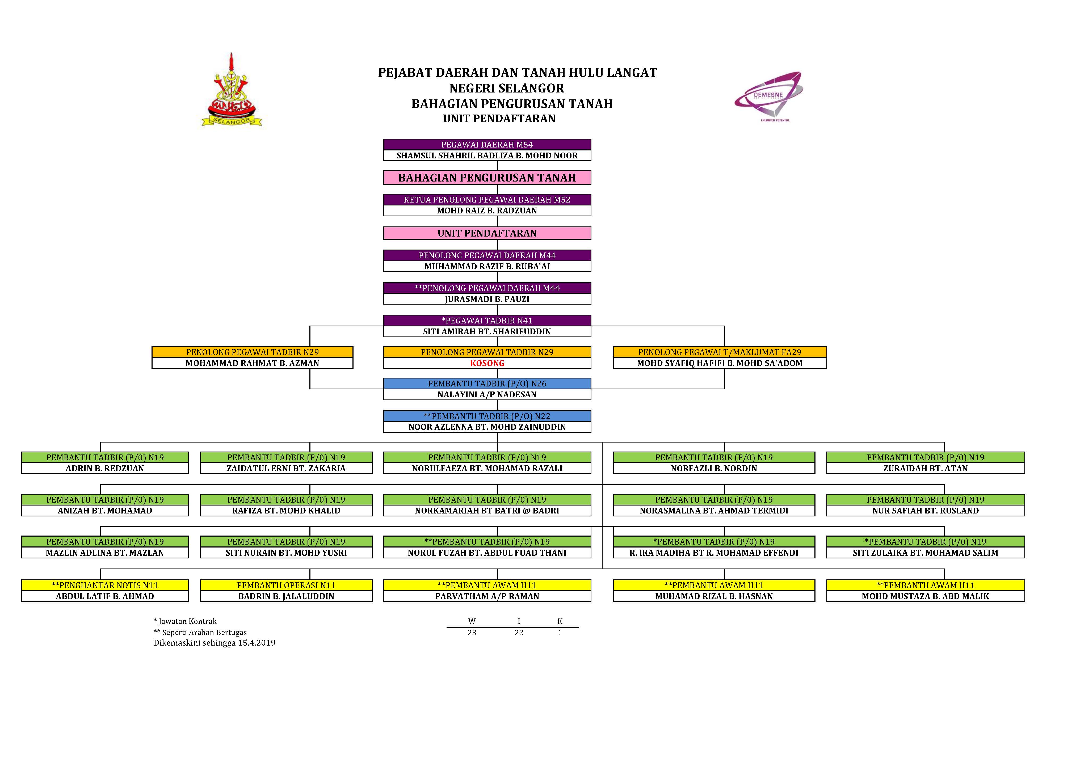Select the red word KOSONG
[487, 363]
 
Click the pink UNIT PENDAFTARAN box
[487, 233]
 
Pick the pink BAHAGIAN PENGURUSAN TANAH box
[487, 177]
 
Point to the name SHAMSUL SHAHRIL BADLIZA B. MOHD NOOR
[487, 155]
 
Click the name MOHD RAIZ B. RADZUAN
[487, 210]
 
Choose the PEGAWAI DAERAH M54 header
[487, 145]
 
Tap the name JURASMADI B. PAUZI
[487, 299]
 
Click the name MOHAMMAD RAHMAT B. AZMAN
[252, 363]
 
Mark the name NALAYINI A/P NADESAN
[487, 394]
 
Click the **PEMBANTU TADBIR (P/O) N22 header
[487, 416]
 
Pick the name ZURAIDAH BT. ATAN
[925, 468]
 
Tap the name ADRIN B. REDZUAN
[105, 468]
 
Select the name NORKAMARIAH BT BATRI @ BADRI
[487, 511]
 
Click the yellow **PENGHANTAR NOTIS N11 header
[105, 585]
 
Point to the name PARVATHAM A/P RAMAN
[487, 596]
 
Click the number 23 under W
[472, 633]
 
